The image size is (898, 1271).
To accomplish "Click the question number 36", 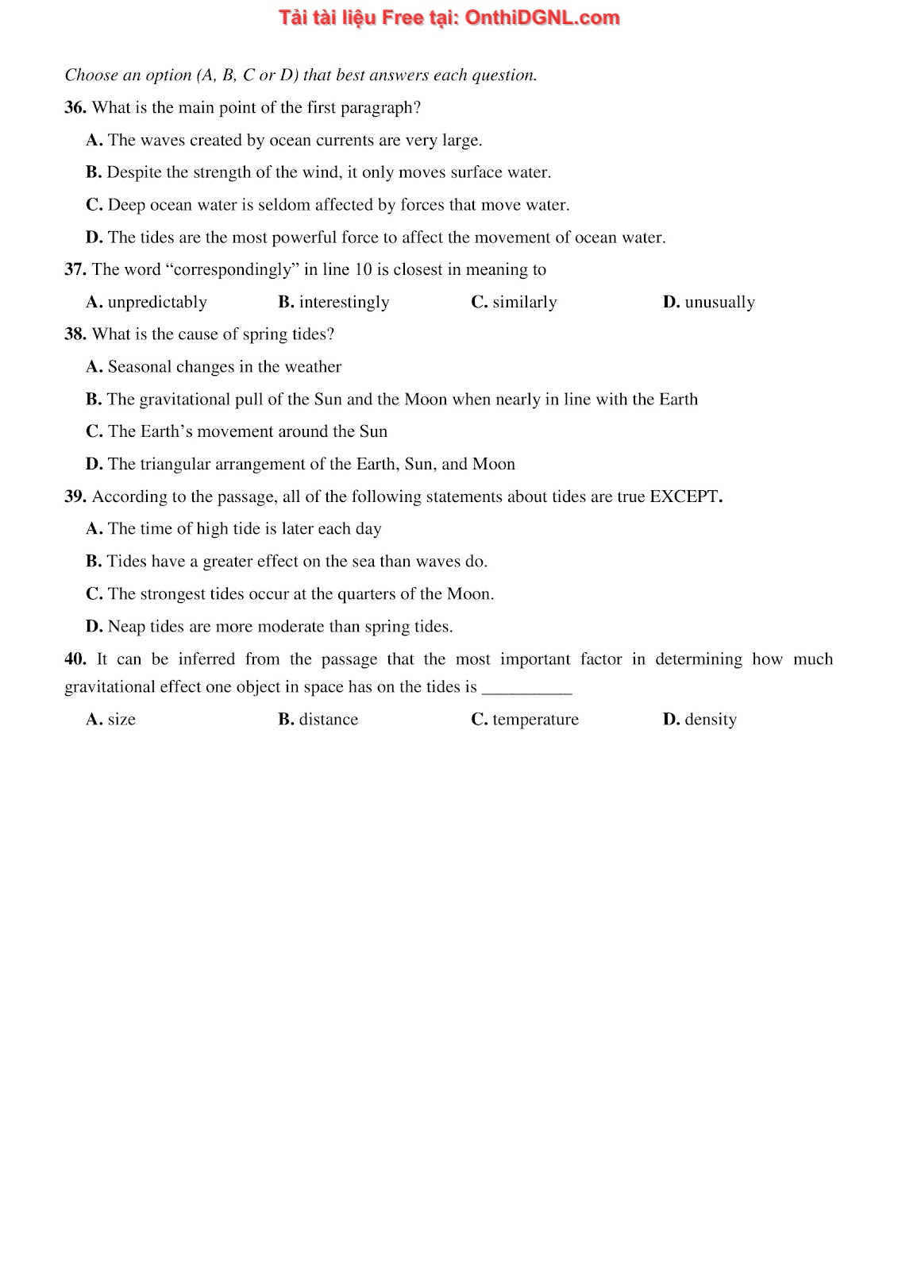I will [75, 108].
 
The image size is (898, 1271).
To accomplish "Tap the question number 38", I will [75, 334].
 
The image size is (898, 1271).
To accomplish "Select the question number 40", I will [75, 659].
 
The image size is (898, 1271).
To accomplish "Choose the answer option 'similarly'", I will [524, 303].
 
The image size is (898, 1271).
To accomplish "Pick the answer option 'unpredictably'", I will [157, 303].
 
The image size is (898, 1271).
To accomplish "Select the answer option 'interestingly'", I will [344, 303].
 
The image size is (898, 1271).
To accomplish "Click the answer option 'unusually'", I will [719, 303].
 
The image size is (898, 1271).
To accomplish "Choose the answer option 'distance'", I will [328, 720].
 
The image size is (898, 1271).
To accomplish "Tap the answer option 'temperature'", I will [535, 720].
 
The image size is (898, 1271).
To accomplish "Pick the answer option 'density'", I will [711, 720].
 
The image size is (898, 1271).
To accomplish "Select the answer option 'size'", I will [121, 720].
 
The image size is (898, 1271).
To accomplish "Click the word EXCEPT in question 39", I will [684, 497].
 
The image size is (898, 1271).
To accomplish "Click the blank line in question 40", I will [527, 688].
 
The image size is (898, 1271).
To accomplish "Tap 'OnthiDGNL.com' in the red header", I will [541, 17].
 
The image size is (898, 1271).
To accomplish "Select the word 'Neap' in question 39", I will [126, 627].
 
